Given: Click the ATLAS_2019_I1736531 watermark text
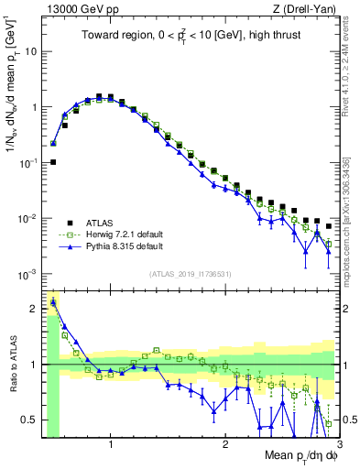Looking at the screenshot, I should point(190,274).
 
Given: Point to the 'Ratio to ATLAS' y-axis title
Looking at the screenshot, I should point(12,365).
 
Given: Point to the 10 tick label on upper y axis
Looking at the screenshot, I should point(30,51).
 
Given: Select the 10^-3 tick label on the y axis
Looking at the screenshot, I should point(28,274).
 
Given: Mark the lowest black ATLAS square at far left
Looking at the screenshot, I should point(53,162).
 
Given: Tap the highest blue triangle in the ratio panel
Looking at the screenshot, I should point(53,301).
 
